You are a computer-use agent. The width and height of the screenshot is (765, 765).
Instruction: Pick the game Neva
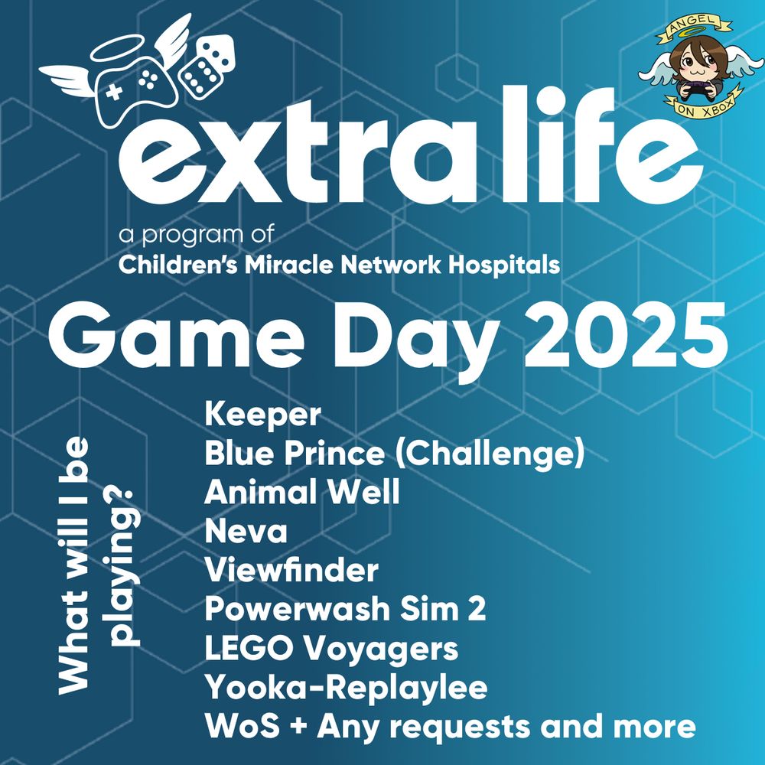tap(246, 532)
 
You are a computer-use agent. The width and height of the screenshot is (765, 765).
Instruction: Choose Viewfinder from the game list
tap(291, 571)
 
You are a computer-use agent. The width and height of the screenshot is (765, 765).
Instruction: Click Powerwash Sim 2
tap(345, 610)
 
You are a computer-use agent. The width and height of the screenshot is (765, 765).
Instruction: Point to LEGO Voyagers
tap(331, 649)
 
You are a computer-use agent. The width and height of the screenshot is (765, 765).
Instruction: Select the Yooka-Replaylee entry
tap(346, 688)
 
